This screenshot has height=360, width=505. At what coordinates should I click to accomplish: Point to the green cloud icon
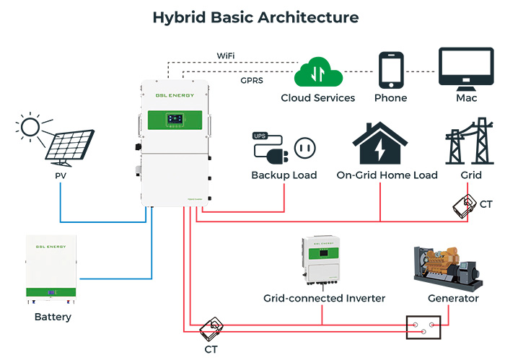[x=317, y=73]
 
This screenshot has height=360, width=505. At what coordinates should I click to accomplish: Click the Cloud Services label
[x=318, y=97]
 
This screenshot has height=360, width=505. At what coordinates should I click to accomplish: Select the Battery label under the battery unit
[x=53, y=317]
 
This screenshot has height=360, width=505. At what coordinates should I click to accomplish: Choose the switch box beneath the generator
[x=422, y=328]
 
